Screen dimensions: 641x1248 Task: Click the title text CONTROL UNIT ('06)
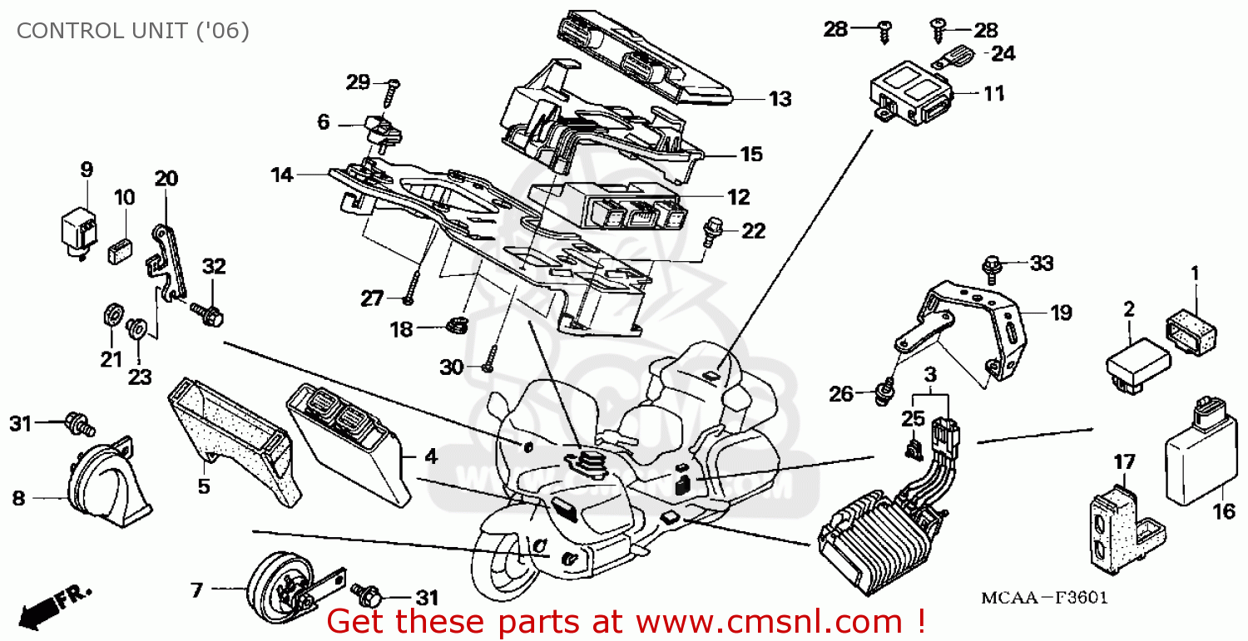point(133,32)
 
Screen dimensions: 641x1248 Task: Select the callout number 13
point(780,99)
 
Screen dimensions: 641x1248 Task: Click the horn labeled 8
point(108,486)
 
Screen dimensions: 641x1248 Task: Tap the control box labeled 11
point(909,98)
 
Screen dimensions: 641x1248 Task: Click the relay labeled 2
point(1137,362)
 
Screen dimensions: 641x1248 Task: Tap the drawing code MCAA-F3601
point(1044,599)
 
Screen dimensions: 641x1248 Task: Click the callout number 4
point(429,456)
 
